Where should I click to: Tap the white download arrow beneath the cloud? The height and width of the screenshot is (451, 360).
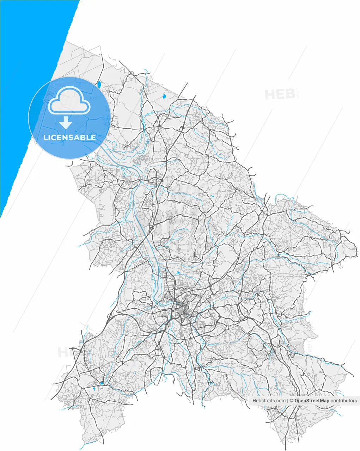66,123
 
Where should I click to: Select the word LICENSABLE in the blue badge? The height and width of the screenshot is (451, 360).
69,137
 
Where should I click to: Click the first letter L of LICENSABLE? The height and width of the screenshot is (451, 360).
45,137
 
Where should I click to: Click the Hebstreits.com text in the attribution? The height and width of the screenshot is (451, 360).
269,401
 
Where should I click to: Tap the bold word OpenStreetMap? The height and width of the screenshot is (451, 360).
312,401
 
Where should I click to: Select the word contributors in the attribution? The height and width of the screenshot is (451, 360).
344,401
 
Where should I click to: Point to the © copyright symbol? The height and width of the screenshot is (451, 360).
291,401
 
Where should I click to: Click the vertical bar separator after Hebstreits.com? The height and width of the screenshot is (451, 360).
287,401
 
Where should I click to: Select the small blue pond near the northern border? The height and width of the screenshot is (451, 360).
164,96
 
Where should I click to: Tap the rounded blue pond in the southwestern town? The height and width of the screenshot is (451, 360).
102,383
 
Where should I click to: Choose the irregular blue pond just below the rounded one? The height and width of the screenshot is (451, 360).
94,389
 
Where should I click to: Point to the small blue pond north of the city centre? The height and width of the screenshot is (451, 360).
178,272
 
